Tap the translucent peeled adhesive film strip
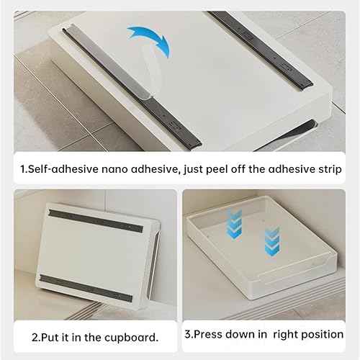point(149,72)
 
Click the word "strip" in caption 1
point(330,169)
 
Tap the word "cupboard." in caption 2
point(132,338)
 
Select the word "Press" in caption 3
point(208,334)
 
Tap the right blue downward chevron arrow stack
point(272,242)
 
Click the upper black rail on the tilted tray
point(96,221)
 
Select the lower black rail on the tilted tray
point(86,289)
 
